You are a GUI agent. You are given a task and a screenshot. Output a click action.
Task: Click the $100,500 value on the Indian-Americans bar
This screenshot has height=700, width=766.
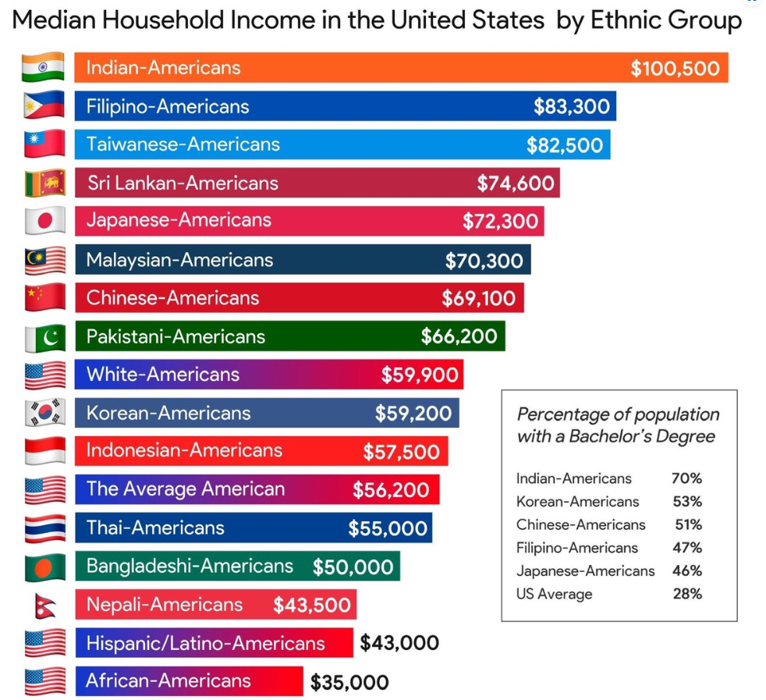pos(675,68)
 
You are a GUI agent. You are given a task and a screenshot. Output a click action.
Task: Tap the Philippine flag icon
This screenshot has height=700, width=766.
pos(43,105)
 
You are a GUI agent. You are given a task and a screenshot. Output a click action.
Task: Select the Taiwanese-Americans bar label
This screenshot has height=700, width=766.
pos(183,144)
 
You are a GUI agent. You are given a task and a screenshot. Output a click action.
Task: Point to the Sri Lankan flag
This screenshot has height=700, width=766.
pos(43,183)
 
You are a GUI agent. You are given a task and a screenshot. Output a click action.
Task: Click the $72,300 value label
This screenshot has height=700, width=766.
pos(500,221)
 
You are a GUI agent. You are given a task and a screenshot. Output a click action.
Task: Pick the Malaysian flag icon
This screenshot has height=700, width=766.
pos(43,259)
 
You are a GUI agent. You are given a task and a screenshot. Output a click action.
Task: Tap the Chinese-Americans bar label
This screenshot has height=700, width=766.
pos(172,297)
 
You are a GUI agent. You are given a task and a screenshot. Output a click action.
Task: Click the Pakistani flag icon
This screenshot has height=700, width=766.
pos(43,336)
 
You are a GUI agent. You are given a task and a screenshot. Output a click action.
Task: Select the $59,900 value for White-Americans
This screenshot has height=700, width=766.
pos(420,375)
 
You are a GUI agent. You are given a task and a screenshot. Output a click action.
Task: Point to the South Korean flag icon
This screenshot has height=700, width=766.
pos(43,413)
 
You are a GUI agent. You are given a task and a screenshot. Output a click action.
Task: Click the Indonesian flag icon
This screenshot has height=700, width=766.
pos(43,451)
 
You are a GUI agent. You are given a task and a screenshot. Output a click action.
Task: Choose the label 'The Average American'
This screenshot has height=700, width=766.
pos(186,489)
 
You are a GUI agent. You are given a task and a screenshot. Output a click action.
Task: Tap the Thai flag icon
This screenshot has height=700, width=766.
pos(43,528)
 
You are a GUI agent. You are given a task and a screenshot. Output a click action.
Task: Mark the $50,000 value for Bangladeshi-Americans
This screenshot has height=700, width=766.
pos(353,567)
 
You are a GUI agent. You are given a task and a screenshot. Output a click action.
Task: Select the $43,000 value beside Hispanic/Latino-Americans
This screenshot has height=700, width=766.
pos(399,643)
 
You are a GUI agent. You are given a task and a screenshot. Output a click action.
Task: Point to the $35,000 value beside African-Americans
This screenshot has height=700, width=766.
pos(349,682)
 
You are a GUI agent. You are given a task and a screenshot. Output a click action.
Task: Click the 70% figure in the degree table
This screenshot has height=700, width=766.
pos(686,478)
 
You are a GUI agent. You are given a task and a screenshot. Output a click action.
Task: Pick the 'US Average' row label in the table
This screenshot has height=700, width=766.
pos(554,594)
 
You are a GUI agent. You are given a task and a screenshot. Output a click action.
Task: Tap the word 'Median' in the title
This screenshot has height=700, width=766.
pos(56,20)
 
